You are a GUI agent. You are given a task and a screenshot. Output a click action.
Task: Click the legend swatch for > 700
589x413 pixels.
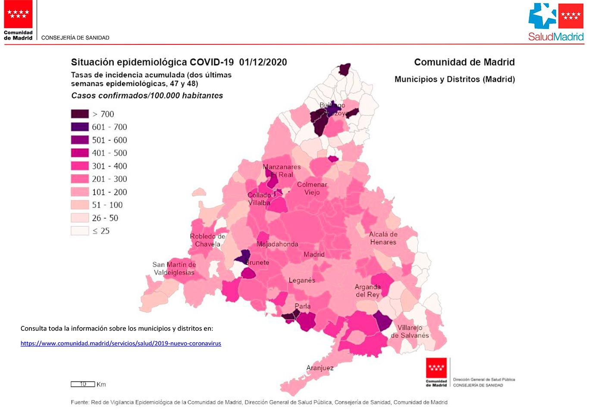click(x=80, y=114)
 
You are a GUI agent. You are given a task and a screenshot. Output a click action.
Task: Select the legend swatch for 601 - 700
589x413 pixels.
click(x=80, y=127)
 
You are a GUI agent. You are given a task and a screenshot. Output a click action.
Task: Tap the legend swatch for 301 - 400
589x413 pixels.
click(x=80, y=166)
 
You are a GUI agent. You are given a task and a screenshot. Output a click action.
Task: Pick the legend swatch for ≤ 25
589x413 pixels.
click(x=80, y=231)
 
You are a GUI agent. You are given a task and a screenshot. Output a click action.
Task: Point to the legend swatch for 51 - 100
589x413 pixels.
click(x=80, y=205)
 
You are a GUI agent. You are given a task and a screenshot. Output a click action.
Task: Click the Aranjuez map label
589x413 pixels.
click(x=320, y=368)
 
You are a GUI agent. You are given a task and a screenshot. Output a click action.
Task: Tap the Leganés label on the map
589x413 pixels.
click(x=302, y=280)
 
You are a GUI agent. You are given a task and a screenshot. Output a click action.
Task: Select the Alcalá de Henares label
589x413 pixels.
click(x=383, y=238)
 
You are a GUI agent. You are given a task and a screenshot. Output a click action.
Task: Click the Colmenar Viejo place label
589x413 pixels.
click(x=312, y=188)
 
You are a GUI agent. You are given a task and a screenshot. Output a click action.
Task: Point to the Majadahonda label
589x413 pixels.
click(x=277, y=244)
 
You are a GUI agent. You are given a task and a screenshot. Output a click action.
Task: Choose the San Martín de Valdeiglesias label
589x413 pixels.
click(x=174, y=269)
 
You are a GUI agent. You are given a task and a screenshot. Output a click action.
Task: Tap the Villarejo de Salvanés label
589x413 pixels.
click(x=410, y=332)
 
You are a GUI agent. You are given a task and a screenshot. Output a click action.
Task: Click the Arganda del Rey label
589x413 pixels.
click(x=367, y=291)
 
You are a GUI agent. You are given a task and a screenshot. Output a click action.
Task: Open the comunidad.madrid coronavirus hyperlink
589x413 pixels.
click(x=121, y=344)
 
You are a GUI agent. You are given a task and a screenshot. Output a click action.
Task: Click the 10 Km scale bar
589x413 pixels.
click(x=83, y=384)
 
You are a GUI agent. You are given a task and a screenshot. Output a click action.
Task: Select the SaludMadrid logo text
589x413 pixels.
click(x=556, y=37)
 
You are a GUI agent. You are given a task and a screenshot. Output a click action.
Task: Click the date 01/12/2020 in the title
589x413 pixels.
click(x=263, y=62)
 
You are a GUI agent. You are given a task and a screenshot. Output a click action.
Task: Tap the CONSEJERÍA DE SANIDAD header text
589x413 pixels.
click(x=75, y=38)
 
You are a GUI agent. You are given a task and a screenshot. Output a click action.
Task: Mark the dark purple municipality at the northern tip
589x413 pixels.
click(x=345, y=69)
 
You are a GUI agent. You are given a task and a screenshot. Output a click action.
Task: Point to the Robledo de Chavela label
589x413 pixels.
click(x=207, y=240)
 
